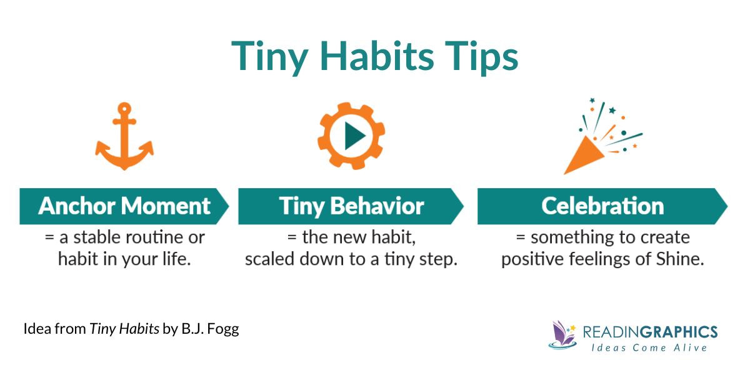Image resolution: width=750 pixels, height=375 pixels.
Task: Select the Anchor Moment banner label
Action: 124,206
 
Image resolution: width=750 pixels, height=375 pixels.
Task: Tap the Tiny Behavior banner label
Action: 351,206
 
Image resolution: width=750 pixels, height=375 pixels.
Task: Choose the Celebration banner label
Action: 602,206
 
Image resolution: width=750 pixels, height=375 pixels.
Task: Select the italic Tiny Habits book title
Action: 124,329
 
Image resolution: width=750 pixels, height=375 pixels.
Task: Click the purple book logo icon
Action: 562,334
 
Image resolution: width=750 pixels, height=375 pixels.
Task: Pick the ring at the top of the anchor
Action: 124,107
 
